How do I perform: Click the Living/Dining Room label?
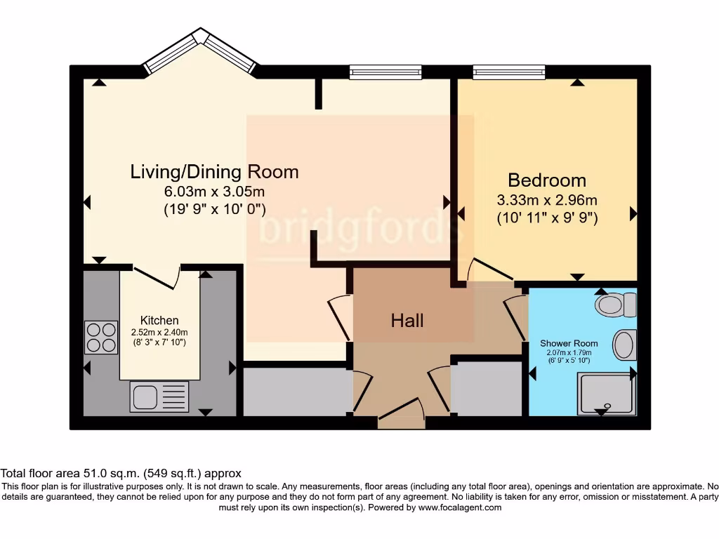(x=214, y=171)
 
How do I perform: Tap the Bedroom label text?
(x=547, y=180)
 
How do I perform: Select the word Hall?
(x=407, y=321)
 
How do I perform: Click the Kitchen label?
(x=159, y=320)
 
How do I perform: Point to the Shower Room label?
(x=565, y=343)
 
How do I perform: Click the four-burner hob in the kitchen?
(x=101, y=337)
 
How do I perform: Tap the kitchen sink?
(x=159, y=397)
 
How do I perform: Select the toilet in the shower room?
(x=615, y=305)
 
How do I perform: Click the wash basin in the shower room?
(x=624, y=345)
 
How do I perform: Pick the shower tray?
(x=605, y=393)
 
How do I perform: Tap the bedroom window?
(x=509, y=72)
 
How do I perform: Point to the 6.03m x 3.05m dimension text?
(x=214, y=192)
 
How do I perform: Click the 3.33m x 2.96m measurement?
(x=547, y=200)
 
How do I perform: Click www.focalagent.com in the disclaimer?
(x=459, y=507)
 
